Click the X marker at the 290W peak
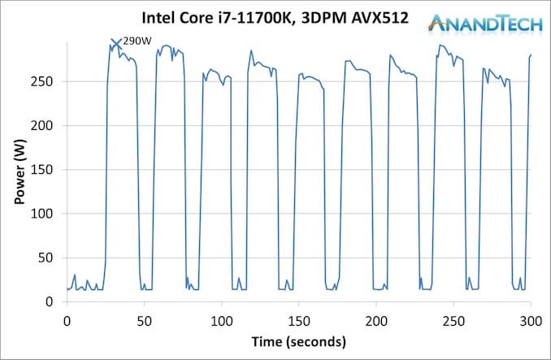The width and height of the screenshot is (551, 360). pyautogui.click(x=115, y=43)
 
